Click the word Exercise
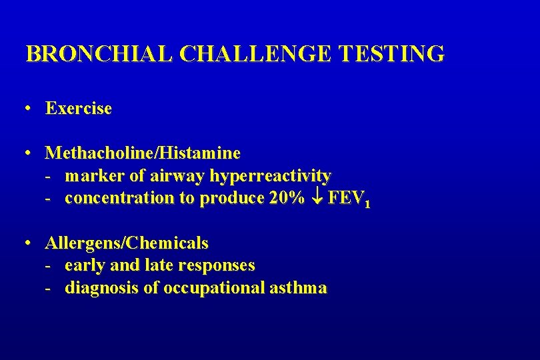[x=79, y=108]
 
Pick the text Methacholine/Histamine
[x=143, y=153]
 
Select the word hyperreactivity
[x=270, y=176]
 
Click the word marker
[x=90, y=176]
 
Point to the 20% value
[x=287, y=198]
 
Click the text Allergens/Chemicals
[x=127, y=243]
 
